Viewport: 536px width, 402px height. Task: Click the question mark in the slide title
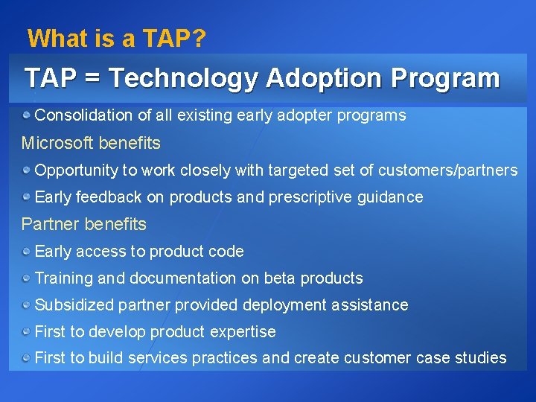(x=199, y=38)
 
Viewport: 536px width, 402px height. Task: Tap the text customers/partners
(x=447, y=170)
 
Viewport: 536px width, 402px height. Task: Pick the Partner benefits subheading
(x=84, y=224)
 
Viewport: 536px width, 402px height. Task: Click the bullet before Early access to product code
(x=27, y=252)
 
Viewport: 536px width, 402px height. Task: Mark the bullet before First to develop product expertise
(x=27, y=332)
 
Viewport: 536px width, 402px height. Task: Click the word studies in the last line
(x=481, y=358)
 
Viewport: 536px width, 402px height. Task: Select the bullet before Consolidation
(x=27, y=115)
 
